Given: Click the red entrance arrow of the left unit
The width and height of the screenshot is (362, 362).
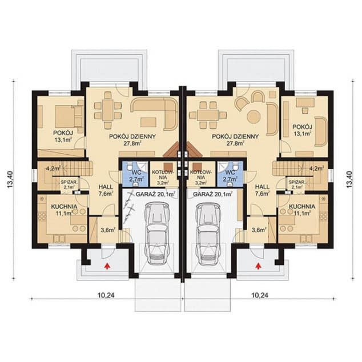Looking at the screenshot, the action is (107, 266).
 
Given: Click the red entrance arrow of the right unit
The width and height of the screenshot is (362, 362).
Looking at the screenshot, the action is (258, 266).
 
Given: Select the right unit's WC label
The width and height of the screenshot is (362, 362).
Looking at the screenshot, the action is (230, 172).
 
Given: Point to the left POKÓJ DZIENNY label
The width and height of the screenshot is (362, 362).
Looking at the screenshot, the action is (132, 136).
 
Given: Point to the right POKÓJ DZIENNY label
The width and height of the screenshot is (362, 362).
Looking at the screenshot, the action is (235, 136).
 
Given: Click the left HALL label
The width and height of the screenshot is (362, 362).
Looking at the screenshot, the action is (106, 187).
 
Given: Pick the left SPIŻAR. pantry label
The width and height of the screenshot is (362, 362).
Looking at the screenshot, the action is (68, 182).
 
